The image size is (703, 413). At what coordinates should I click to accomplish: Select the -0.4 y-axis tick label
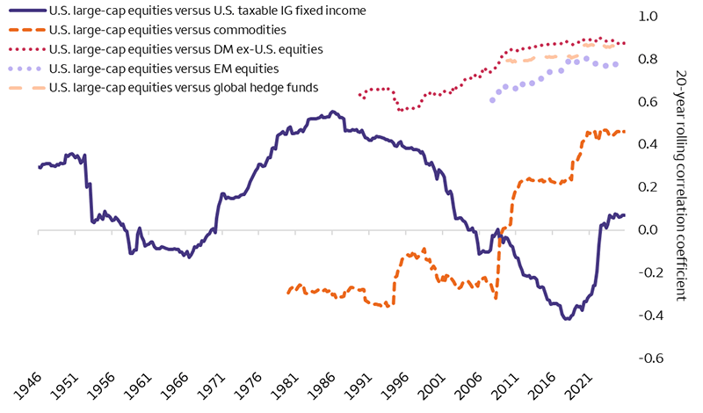coord(649,315)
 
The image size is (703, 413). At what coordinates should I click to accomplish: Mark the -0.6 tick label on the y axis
coord(649,359)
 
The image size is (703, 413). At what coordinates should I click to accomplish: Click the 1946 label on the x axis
coord(27,388)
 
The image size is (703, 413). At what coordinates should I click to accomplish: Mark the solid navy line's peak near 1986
coord(332,112)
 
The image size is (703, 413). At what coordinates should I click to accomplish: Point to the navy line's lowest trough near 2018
coord(567,319)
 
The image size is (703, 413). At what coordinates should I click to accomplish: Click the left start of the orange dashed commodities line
coord(288,293)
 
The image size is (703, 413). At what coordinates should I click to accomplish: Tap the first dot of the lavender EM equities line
coord(492,100)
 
